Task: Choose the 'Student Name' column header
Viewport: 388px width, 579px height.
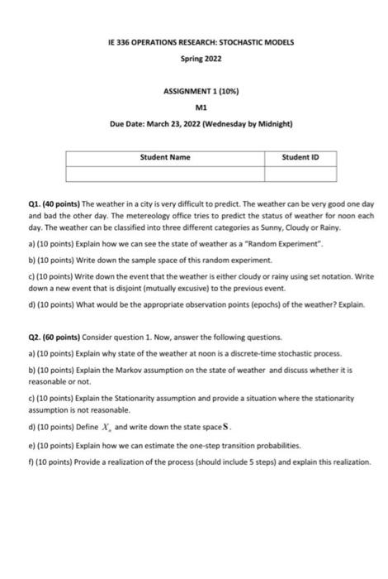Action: (x=165, y=156)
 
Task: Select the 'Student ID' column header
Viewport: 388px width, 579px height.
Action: (x=300, y=156)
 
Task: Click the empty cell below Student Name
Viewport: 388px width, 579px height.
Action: (x=165, y=173)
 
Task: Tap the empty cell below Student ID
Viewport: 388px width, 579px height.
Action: (x=300, y=173)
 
